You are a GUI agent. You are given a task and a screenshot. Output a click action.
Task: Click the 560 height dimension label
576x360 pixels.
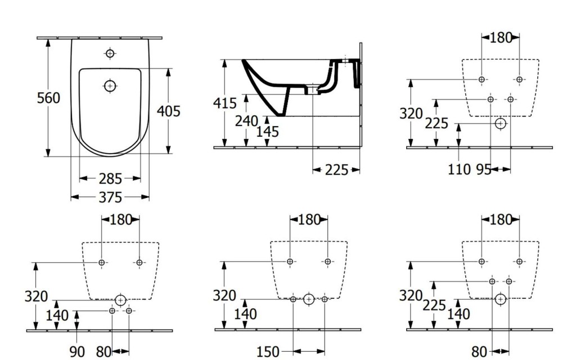click(48, 98)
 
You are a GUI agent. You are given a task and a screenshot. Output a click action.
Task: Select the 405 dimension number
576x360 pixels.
click(168, 111)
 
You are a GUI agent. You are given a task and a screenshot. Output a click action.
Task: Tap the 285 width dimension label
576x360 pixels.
click(110, 179)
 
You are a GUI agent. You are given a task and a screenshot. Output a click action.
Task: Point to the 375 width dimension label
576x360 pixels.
click(110, 197)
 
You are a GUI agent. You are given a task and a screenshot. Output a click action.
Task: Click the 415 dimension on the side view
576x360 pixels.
click(224, 103)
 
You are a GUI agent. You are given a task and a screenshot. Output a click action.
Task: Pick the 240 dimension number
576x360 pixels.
click(246, 120)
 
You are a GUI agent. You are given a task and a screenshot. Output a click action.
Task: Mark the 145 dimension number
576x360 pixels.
click(267, 132)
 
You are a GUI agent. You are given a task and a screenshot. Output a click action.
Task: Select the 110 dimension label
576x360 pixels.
click(459, 169)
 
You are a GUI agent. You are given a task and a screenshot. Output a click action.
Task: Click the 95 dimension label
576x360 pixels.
click(484, 169)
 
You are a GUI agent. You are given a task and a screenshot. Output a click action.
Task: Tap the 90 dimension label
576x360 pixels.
click(77, 352)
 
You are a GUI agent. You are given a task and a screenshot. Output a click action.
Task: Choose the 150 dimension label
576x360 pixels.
click(268, 352)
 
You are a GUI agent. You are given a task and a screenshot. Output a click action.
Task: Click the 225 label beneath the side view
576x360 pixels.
click(336, 170)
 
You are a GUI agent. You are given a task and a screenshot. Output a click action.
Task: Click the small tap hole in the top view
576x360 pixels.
click(110, 54)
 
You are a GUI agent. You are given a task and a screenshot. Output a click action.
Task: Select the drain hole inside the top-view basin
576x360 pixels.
click(110, 85)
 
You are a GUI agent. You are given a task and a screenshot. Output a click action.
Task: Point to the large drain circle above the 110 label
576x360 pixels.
click(500, 123)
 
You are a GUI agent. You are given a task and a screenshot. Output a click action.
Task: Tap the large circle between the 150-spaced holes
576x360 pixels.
click(308, 299)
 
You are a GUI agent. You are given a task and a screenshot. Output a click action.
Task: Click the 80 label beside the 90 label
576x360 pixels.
click(103, 352)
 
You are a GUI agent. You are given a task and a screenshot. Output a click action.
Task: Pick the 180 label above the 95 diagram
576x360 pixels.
click(501, 38)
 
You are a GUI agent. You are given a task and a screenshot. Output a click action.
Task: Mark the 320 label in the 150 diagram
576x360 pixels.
click(224, 295)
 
